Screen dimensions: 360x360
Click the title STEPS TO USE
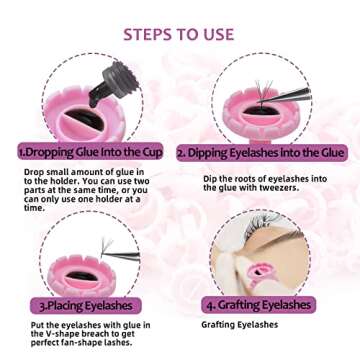(179, 34)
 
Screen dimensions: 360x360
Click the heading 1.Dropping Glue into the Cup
(91, 153)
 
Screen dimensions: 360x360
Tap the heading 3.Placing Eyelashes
(88, 304)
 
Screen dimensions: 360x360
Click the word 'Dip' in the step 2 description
(212, 178)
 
